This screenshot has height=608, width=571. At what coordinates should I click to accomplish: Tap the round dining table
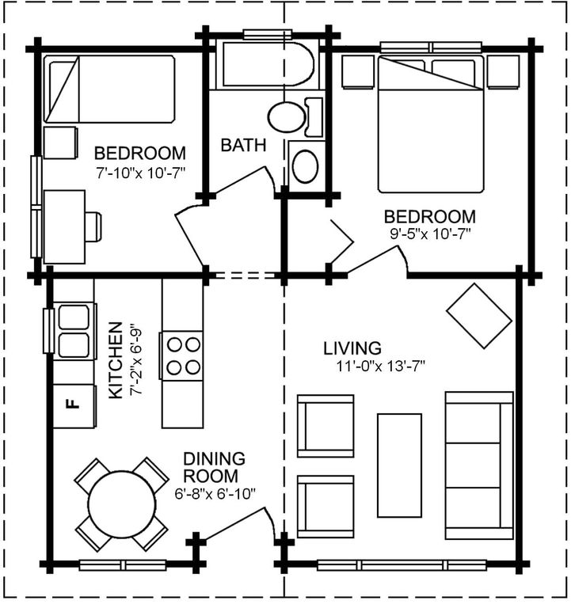click(121, 503)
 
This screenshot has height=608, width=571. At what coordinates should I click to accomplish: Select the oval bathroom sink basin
click(306, 166)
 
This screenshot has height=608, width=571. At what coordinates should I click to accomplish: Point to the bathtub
click(268, 64)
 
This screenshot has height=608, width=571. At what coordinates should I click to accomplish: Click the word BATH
click(243, 145)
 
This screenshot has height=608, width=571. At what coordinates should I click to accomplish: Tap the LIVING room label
click(352, 348)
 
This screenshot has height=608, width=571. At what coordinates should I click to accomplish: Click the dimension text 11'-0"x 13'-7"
click(381, 366)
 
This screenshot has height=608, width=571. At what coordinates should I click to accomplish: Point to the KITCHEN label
click(116, 360)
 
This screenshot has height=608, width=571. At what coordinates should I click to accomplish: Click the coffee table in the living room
click(400, 465)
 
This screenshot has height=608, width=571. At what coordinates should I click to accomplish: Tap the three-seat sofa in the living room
click(479, 465)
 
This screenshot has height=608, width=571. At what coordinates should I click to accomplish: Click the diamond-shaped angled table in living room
click(479, 316)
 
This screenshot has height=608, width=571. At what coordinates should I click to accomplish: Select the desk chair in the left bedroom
click(93, 226)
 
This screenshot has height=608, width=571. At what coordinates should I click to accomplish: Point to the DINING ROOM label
click(214, 467)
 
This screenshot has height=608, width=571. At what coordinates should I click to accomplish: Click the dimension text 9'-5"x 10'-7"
click(430, 234)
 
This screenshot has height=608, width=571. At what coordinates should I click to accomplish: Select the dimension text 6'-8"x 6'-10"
click(215, 494)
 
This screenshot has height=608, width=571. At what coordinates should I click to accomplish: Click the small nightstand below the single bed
click(60, 142)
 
